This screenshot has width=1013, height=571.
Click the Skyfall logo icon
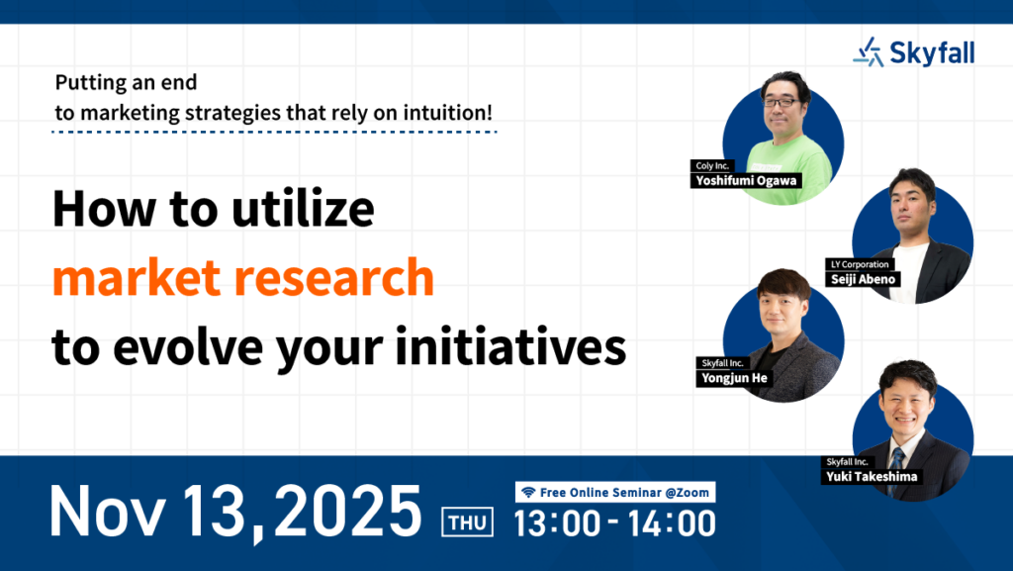tap(869, 51)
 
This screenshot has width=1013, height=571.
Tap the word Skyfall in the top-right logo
tap(932, 53)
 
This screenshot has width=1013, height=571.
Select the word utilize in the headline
tap(303, 209)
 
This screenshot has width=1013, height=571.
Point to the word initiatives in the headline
tap(510, 346)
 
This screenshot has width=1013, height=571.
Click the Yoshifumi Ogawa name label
tap(746, 181)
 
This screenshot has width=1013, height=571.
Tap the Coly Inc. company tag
tap(712, 166)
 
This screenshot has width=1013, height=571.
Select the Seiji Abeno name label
tap(863, 279)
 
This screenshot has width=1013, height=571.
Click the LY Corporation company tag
tap(860, 264)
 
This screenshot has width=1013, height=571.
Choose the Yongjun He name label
tap(735, 378)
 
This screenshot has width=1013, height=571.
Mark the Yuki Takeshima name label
tap(872, 477)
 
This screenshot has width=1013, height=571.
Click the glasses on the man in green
tap(781, 102)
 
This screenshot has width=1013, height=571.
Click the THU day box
tap(467, 522)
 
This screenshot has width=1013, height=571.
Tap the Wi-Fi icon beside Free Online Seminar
tap(528, 492)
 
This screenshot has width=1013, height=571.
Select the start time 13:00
tap(557, 523)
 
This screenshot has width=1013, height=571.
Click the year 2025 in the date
tap(348, 511)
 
